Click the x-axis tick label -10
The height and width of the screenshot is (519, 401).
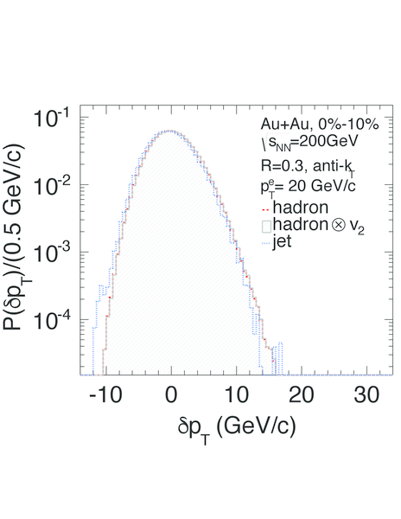tap(105, 395)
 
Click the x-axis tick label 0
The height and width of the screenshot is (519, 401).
tap(171, 395)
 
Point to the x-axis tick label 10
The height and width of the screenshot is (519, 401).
tap(237, 395)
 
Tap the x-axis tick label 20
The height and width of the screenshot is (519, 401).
tap(302, 395)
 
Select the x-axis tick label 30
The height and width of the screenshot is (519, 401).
tap(366, 395)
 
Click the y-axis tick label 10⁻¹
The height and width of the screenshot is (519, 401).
tap(51, 118)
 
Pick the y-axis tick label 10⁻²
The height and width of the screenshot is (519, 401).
tap(51, 185)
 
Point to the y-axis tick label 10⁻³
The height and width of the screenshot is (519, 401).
tap(51, 253)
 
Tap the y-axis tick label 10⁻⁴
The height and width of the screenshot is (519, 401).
tap(51, 320)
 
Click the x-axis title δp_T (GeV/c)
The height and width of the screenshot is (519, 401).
tap(237, 427)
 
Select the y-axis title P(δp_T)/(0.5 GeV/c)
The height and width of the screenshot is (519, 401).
tap(16, 237)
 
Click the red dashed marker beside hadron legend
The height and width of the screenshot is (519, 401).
tap(266, 209)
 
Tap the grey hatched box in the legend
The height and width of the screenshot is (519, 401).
tap(266, 227)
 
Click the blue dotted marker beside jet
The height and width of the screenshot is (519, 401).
tap(266, 245)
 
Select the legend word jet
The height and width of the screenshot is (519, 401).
tap(282, 241)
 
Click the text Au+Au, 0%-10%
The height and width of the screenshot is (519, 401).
tap(320, 125)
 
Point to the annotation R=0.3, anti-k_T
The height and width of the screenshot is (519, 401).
tap(308, 166)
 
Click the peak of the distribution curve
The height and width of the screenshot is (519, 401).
tap(169, 131)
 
